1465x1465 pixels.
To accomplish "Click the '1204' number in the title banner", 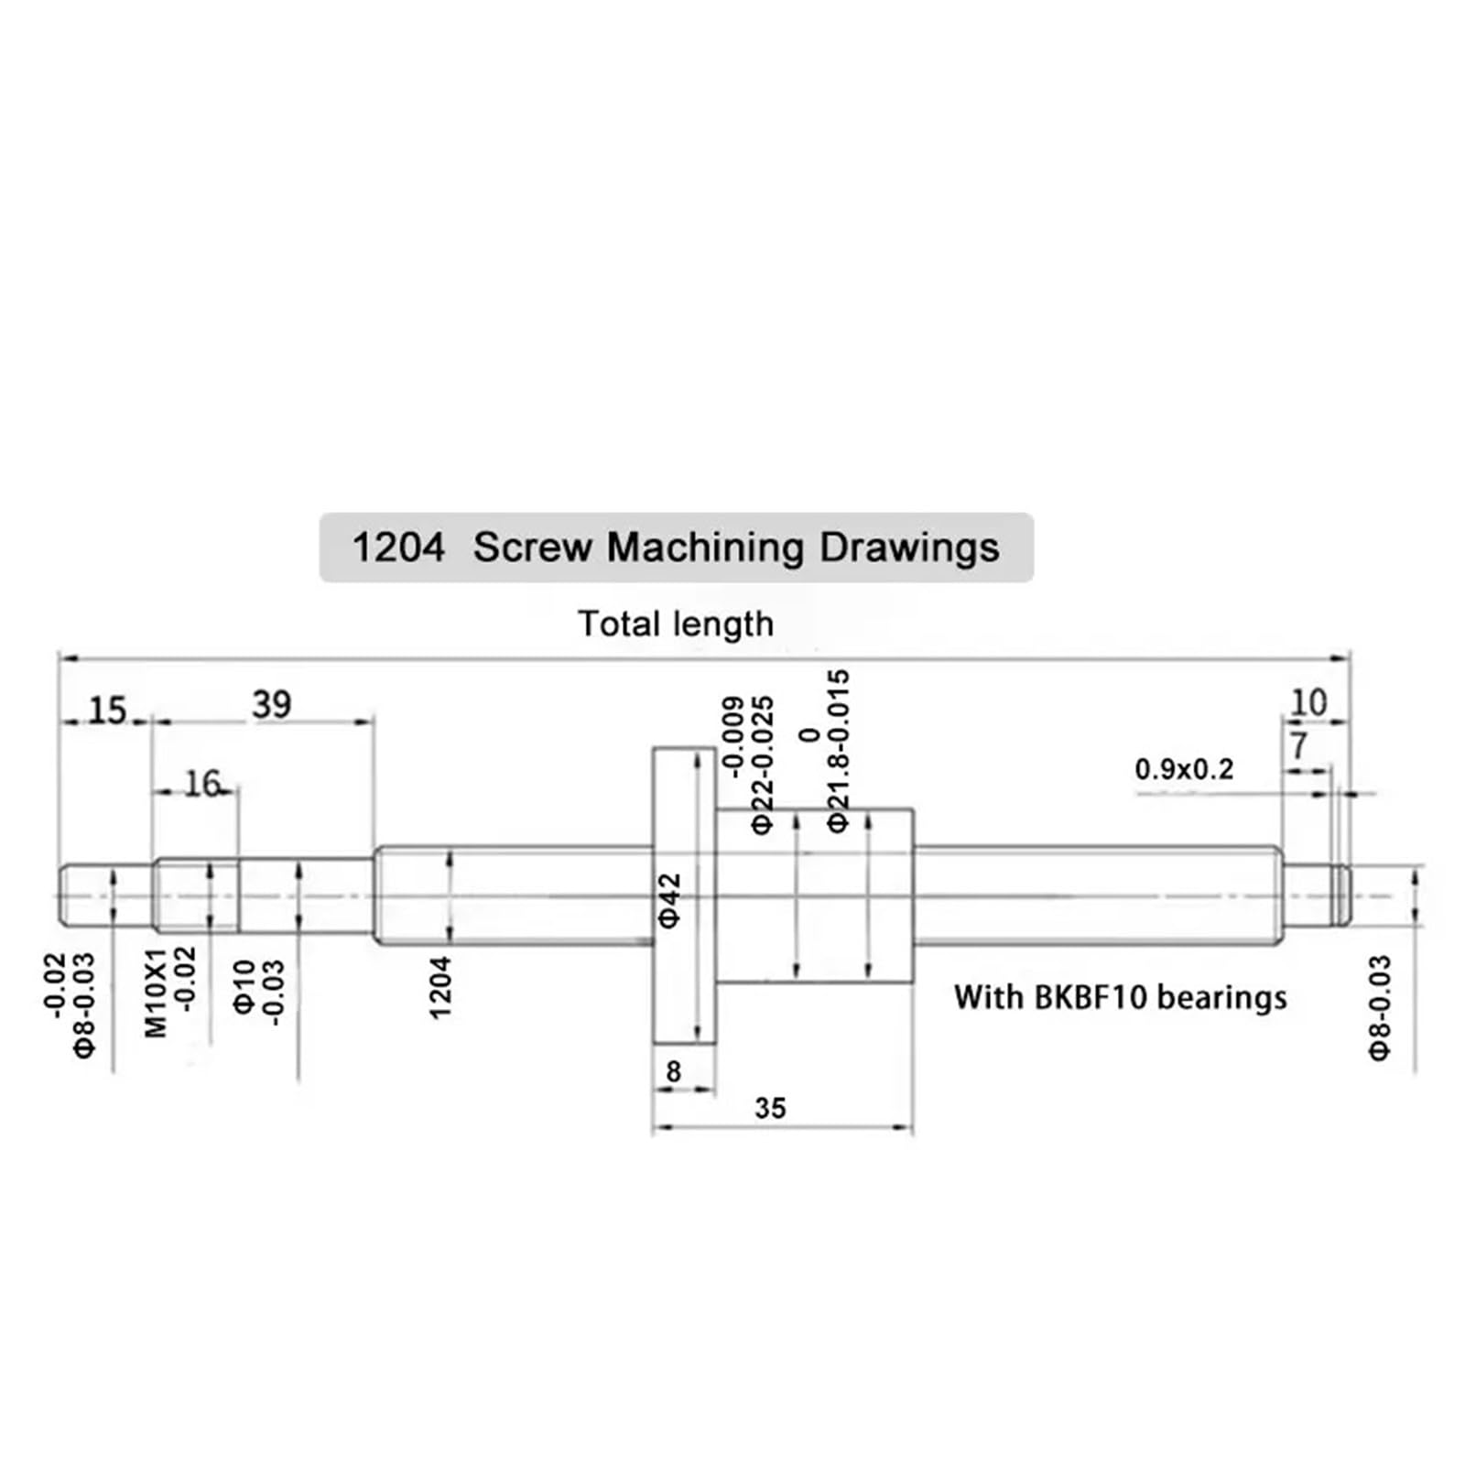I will (x=398, y=548).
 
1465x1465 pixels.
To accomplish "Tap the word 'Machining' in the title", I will (x=704, y=548).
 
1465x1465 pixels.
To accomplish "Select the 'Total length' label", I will (x=676, y=624).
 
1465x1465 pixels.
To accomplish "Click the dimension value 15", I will (x=107, y=711).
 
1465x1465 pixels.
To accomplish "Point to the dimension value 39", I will (x=272, y=705).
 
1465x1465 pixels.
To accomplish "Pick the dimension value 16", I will (x=202, y=784).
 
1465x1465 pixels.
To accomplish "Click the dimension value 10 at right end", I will (x=1308, y=703).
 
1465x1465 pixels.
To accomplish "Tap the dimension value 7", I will (x=1299, y=746).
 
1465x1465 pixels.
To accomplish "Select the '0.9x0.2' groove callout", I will (x=1184, y=769).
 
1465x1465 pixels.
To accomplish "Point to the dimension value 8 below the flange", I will (x=674, y=1070).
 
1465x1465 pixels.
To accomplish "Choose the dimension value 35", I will (x=770, y=1108).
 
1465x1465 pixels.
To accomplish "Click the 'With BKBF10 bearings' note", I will (x=1120, y=997).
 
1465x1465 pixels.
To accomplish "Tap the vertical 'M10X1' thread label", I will (x=157, y=993).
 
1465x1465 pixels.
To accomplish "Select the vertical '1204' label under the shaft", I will (x=440, y=988).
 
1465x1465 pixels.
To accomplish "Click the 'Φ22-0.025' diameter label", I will (x=762, y=765).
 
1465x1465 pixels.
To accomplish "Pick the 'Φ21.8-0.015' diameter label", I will (x=838, y=751).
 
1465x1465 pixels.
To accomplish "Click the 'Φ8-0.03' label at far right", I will (x=1379, y=1008).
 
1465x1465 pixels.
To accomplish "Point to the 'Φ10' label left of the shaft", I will (x=244, y=986).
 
